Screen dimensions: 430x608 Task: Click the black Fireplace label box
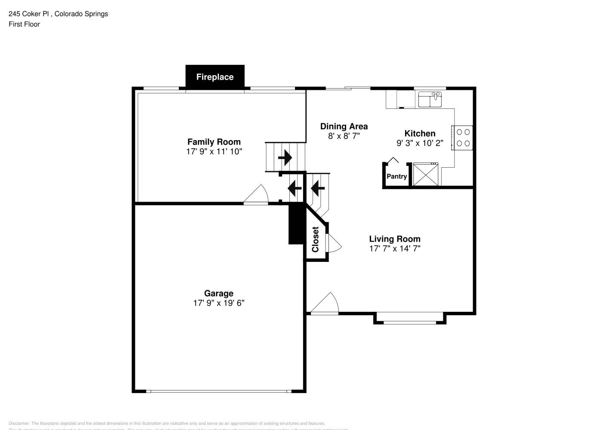(215, 77)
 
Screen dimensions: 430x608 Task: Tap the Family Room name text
(214, 142)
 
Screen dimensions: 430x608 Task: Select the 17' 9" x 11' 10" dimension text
(214, 152)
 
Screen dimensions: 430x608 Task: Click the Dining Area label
(344, 126)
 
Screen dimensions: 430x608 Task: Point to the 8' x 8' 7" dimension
(344, 136)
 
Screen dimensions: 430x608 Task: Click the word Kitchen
(420, 134)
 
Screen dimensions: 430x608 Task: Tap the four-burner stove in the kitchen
(463, 138)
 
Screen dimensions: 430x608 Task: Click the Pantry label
(396, 176)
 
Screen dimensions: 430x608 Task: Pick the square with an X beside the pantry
(426, 175)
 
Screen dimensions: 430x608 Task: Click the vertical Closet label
(315, 240)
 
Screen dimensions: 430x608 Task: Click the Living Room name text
(394, 239)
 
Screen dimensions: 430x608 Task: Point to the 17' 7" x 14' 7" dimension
(394, 249)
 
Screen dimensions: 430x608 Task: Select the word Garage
(218, 294)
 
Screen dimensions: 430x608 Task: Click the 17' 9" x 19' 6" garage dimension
(218, 303)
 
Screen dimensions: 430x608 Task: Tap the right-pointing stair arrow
(285, 158)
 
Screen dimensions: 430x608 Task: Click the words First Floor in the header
(24, 25)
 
